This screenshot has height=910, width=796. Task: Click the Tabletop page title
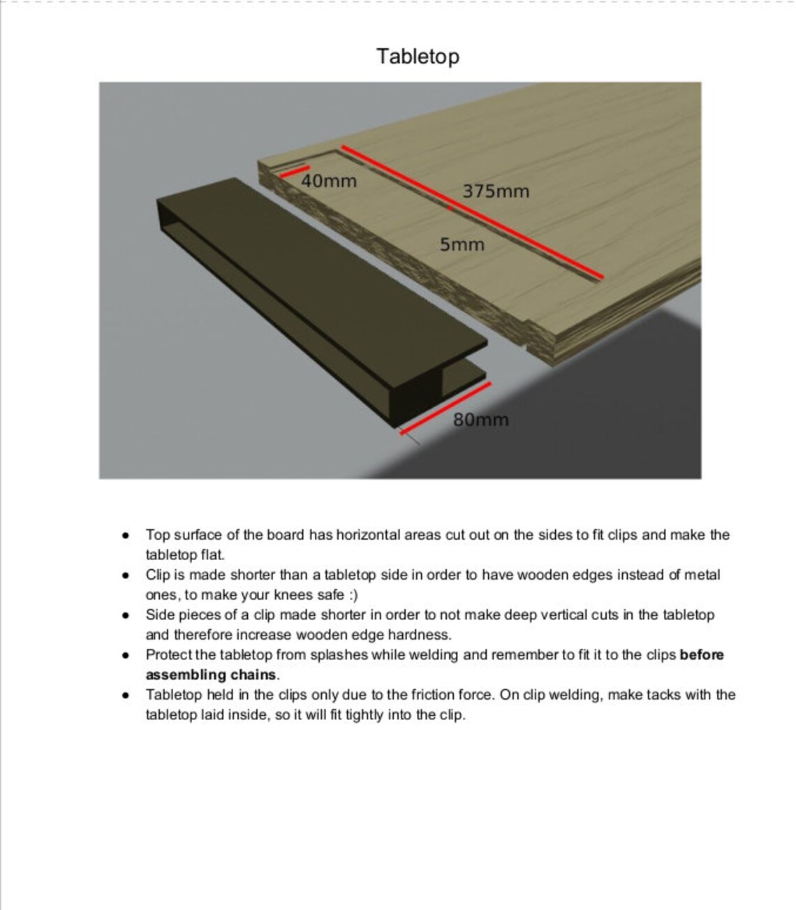coord(418,56)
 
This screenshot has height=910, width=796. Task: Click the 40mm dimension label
coord(329,181)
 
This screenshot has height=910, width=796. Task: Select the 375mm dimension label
coord(496,191)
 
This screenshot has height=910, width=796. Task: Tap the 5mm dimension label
coord(462,244)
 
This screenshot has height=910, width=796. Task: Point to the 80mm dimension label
coord(481,420)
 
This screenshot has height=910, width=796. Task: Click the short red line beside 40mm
coord(295,171)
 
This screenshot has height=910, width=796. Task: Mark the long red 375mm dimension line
coord(471,212)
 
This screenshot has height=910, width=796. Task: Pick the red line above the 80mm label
coord(445,408)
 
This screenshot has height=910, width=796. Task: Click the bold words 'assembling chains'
coord(211,675)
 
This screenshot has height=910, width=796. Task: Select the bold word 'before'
coord(701,654)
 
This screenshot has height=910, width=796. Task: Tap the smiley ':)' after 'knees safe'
coord(353,595)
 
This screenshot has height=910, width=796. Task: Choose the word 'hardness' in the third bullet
coord(418,635)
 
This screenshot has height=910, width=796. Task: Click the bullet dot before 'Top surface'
coord(125,536)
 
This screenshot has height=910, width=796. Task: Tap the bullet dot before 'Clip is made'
coord(125,575)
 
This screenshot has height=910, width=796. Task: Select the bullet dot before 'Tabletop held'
coord(125,696)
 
